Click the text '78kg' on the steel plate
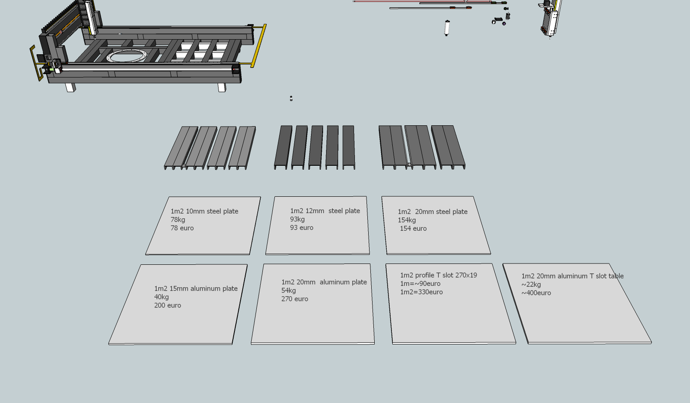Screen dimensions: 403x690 178,220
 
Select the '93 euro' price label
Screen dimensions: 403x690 302,228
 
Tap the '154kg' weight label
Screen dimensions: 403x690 407,220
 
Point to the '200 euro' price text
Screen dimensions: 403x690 167,305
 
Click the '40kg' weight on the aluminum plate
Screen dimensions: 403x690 161,297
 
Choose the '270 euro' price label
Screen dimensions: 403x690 295,299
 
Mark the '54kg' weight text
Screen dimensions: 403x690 288,291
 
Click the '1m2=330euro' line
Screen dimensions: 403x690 421,292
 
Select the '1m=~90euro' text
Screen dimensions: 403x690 420,284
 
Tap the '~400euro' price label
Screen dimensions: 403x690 536,293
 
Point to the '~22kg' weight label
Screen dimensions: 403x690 531,285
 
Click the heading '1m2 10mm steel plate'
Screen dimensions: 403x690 204,211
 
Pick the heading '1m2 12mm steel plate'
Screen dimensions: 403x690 325,211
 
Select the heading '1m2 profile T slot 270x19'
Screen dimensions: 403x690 438,275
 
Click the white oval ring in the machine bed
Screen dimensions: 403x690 128,56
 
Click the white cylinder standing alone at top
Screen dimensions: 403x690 447,28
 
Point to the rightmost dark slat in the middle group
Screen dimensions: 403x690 348,146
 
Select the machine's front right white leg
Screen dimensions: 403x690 222,87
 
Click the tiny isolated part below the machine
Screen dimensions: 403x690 291,99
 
